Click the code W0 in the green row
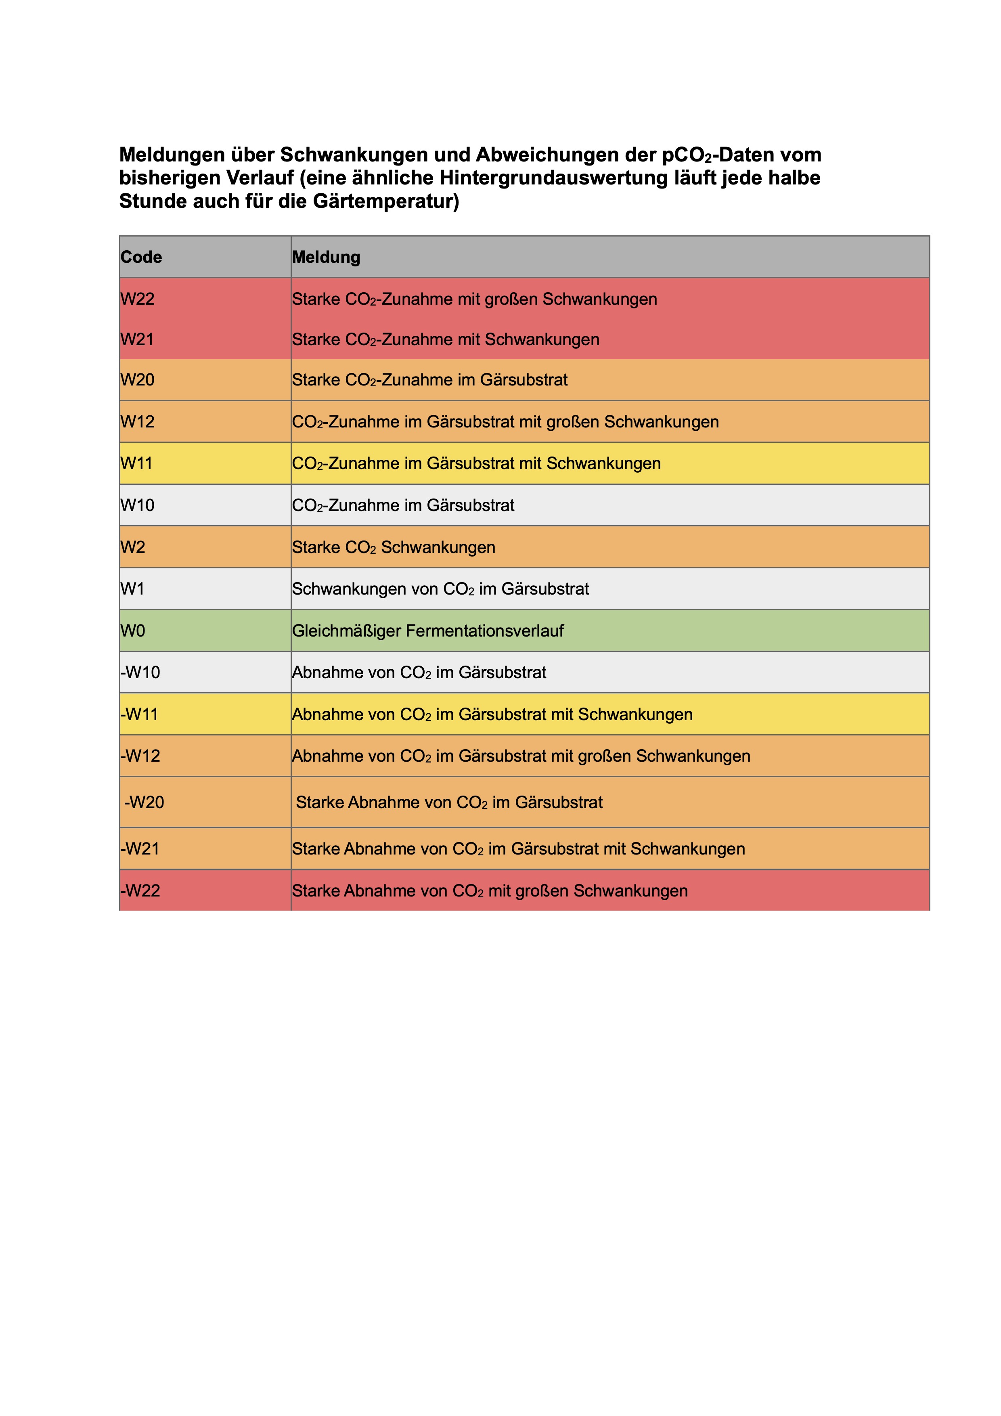(133, 631)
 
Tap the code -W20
(144, 802)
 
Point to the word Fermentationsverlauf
(485, 631)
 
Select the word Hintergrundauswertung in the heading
(553, 178)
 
